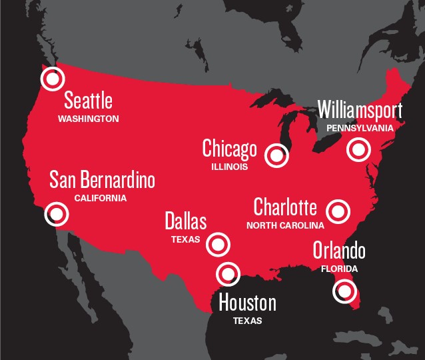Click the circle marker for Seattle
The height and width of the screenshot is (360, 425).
tap(51, 79)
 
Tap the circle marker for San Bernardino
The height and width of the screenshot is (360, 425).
tap(57, 214)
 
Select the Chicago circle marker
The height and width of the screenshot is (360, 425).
tap(276, 155)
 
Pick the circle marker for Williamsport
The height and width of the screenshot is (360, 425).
tap(358, 150)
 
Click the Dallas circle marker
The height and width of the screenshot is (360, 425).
tap(218, 244)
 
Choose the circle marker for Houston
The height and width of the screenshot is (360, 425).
tap(228, 273)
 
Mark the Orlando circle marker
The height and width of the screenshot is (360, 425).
tap(344, 291)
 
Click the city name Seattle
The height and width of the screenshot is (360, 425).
tap(88, 101)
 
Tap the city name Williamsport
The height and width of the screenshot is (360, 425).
tap(360, 109)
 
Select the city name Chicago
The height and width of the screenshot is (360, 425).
tap(229, 148)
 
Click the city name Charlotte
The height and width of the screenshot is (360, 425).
tap(285, 207)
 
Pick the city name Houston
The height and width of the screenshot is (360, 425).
tap(247, 303)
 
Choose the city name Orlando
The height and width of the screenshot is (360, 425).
tap(339, 251)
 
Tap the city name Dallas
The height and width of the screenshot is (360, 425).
tap(186, 221)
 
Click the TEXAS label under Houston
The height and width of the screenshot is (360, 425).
tap(247, 321)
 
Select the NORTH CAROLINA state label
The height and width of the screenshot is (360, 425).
tap(285, 225)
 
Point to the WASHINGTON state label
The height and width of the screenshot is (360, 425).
tap(88, 119)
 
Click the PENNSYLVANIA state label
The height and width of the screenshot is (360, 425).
tap(360, 127)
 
